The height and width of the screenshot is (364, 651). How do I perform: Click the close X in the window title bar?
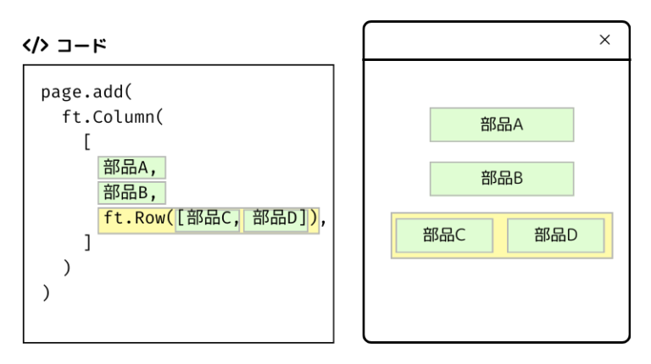pyautogui.click(x=604, y=39)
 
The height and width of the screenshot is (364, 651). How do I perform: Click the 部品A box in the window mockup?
pyautogui.click(x=502, y=125)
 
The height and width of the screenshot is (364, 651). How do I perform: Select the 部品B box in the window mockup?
pyautogui.click(x=502, y=178)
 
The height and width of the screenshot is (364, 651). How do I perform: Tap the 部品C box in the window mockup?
pyautogui.click(x=445, y=235)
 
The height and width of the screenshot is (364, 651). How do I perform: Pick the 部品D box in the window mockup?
pyautogui.click(x=555, y=235)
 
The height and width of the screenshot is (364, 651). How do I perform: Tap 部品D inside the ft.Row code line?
pyautogui.click(x=275, y=219)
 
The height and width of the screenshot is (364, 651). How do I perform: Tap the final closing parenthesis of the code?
pyautogui.click(x=47, y=294)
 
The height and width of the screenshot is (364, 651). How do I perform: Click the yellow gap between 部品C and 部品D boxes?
pyautogui.click(x=501, y=235)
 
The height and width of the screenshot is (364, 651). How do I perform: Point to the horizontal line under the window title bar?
pyautogui.click(x=497, y=60)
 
